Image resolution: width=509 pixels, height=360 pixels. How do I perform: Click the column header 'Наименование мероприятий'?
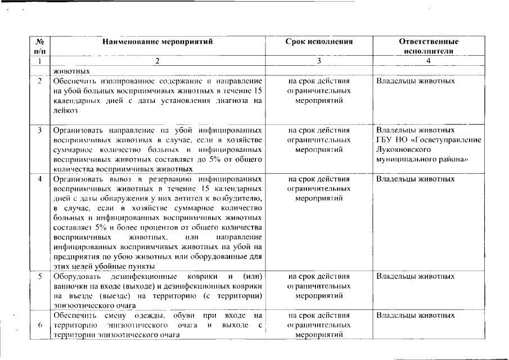click(157, 42)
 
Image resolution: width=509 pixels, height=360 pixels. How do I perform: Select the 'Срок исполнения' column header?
click(319, 42)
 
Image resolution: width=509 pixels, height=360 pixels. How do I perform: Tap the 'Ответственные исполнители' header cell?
click(429, 46)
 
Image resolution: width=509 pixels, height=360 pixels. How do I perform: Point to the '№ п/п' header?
click(40, 46)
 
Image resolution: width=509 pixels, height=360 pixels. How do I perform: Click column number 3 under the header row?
click(319, 61)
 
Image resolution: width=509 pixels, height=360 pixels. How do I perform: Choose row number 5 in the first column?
click(40, 277)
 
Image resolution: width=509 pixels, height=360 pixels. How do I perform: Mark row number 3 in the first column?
click(40, 130)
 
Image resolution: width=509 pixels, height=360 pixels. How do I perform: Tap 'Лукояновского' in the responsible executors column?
click(403, 150)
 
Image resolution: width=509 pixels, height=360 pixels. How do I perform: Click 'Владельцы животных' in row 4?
click(415, 179)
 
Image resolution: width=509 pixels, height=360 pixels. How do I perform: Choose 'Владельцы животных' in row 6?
click(415, 316)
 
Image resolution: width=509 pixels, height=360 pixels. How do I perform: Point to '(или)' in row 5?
click(251, 277)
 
